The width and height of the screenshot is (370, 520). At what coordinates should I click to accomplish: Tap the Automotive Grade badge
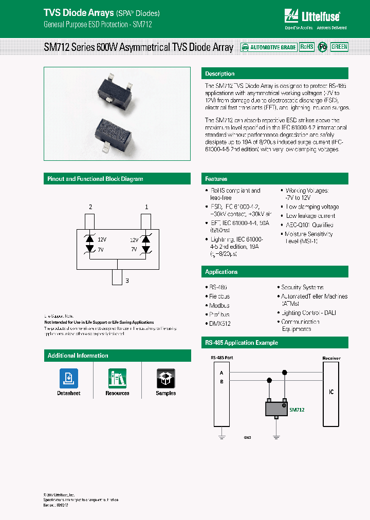click(269, 47)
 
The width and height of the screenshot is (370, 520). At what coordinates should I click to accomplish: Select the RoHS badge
click(306, 47)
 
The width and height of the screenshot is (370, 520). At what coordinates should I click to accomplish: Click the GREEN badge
click(339, 47)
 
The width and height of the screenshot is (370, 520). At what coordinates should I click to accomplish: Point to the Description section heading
click(219, 74)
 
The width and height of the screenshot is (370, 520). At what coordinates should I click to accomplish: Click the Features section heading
click(216, 179)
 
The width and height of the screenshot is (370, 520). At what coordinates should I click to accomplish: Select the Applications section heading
click(221, 272)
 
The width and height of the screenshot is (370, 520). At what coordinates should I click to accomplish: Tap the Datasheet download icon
click(68, 379)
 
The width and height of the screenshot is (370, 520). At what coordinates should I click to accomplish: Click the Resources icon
click(117, 379)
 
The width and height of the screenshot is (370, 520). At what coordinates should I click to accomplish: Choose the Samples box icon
click(165, 379)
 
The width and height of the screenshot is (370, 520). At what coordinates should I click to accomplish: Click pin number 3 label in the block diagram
click(127, 281)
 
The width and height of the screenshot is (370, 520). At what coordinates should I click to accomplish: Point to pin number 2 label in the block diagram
click(90, 207)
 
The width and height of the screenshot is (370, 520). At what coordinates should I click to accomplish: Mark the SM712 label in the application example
click(297, 410)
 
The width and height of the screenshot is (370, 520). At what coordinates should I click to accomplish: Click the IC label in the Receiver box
click(331, 392)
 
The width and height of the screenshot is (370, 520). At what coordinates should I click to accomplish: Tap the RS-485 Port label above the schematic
click(221, 358)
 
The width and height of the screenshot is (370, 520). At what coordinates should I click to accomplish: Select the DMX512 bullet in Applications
click(220, 324)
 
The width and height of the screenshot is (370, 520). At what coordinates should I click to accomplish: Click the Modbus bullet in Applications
click(219, 306)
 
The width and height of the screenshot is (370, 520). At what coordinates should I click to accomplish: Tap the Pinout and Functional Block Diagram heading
click(95, 179)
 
